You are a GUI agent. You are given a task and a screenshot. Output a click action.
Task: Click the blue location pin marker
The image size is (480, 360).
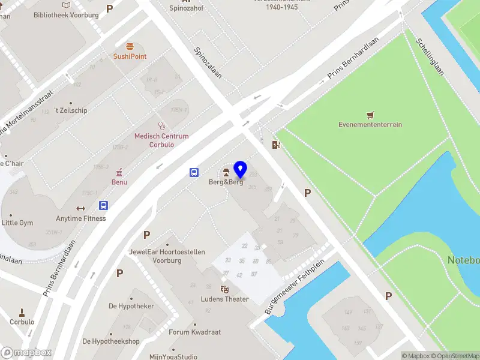pyautogui.click(x=241, y=170)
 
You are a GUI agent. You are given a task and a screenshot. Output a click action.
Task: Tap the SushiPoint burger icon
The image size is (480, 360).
pyautogui.click(x=130, y=47)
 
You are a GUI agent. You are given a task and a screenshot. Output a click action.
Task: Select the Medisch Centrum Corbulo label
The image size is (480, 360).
pyautogui.click(x=161, y=140)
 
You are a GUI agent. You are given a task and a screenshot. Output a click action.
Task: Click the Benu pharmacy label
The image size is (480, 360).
pyautogui.click(x=119, y=182)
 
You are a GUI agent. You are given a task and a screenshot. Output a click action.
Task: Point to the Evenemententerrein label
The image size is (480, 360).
pyautogui.click(x=370, y=125)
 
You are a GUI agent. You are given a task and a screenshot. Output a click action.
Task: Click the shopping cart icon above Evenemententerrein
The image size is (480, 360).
pyautogui.click(x=370, y=114)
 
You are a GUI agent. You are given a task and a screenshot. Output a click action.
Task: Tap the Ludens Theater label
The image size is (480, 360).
pyautogui.click(x=225, y=299)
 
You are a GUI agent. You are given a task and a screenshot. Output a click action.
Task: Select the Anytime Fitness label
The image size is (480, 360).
pyautogui.click(x=81, y=218)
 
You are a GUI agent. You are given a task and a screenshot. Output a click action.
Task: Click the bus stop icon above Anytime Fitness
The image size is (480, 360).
pyautogui.click(x=104, y=205)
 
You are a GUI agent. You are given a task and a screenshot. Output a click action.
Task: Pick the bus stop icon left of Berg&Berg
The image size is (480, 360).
pyautogui.click(x=194, y=172)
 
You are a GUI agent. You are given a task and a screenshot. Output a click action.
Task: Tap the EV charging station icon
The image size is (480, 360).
pyautogui.click(x=276, y=144)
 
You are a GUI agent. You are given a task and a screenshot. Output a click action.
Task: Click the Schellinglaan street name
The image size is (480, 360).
pyautogui.click(x=430, y=57)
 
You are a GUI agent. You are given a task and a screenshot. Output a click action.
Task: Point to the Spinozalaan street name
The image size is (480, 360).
pyautogui.click(x=208, y=64)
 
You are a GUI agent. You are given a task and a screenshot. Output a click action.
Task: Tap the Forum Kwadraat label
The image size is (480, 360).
pyautogui.click(x=194, y=332)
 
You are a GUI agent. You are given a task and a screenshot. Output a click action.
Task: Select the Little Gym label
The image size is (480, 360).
pyautogui.click(x=17, y=223)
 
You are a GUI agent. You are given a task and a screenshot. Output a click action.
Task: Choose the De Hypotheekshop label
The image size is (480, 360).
pyautogui.click(x=111, y=341)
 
